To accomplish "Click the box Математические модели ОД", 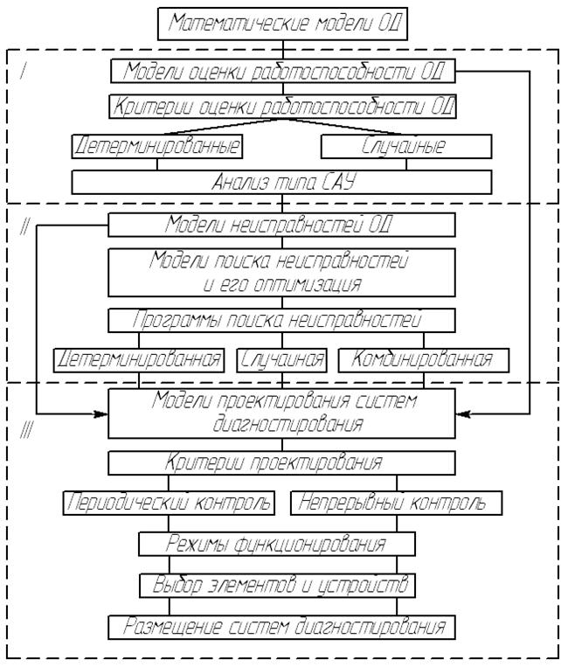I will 280,24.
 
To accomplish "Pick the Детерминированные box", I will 157,146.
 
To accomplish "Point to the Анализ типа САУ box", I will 280,183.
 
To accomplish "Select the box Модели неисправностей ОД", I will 281,225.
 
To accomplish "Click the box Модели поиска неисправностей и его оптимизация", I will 281,272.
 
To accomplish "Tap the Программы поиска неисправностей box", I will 281,320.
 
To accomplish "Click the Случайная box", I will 281,359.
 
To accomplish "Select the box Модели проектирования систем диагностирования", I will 281,413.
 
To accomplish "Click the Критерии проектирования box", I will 281,462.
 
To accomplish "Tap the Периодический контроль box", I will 169,503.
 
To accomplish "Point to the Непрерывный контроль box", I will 398,503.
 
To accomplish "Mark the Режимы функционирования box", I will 276,544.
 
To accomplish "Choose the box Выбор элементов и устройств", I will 276,584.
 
